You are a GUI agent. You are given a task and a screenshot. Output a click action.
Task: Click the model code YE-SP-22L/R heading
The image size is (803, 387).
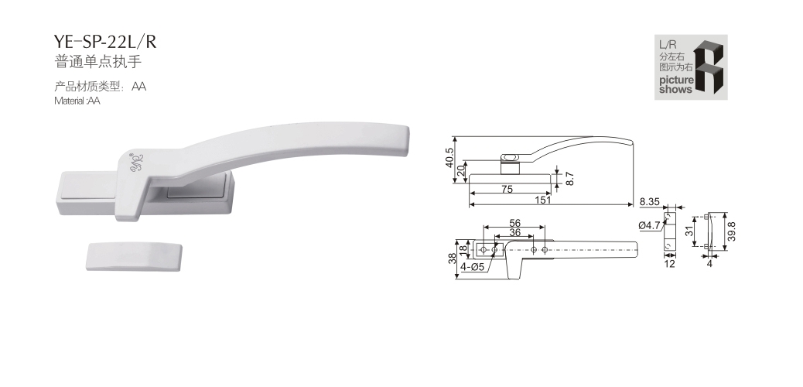point(105,42)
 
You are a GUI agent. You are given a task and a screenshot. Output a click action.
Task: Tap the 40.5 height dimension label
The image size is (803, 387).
point(450,159)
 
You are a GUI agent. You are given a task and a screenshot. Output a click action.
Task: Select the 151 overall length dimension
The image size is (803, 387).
point(543,200)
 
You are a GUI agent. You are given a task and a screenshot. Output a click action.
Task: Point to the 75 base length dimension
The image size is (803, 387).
point(507,189)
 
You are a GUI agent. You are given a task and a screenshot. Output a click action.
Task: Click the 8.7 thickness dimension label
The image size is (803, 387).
point(570,178)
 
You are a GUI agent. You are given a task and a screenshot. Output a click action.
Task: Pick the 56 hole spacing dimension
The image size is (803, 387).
point(514,222)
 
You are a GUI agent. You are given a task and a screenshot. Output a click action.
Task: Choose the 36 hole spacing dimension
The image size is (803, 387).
point(514,232)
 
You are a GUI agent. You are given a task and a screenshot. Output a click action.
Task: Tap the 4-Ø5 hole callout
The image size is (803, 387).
point(472,266)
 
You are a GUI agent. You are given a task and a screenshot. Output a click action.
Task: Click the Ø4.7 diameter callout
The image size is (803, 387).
point(649,224)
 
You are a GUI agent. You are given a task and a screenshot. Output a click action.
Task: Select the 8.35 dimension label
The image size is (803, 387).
point(649,202)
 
